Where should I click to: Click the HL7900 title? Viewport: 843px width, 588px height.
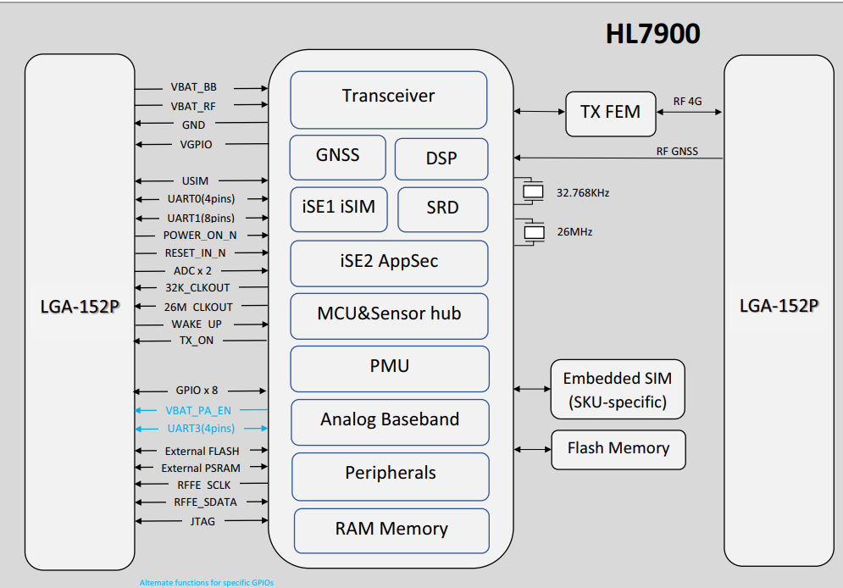pyautogui.click(x=652, y=34)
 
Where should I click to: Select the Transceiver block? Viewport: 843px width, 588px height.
pyautogui.click(x=389, y=100)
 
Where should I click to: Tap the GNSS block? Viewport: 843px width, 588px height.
pyautogui.click(x=338, y=158)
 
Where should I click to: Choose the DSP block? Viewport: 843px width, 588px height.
pyautogui.click(x=441, y=159)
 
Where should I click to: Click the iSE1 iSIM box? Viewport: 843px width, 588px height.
pyautogui.click(x=339, y=209)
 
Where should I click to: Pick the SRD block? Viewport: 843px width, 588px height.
pyautogui.click(x=443, y=209)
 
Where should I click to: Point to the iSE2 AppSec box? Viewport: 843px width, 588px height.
pyautogui.click(x=389, y=263)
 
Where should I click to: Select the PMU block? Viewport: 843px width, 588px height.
pyautogui.click(x=390, y=369)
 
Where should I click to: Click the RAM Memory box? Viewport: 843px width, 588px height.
pyautogui.click(x=391, y=531)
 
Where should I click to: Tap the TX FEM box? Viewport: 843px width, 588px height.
pyautogui.click(x=611, y=114)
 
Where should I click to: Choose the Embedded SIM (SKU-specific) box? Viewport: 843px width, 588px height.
pyautogui.click(x=618, y=390)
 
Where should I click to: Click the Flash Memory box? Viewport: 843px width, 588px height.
pyautogui.click(x=618, y=450)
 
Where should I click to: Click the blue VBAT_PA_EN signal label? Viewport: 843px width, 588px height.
pyautogui.click(x=198, y=411)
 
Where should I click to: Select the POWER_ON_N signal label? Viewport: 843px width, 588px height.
pyautogui.click(x=200, y=236)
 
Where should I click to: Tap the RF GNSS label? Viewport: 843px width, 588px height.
pyautogui.click(x=677, y=152)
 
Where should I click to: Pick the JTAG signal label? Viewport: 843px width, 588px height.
pyautogui.click(x=202, y=521)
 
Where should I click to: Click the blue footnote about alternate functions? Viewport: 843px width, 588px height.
pyautogui.click(x=207, y=583)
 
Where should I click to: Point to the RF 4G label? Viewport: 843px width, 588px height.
pyautogui.click(x=688, y=101)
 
